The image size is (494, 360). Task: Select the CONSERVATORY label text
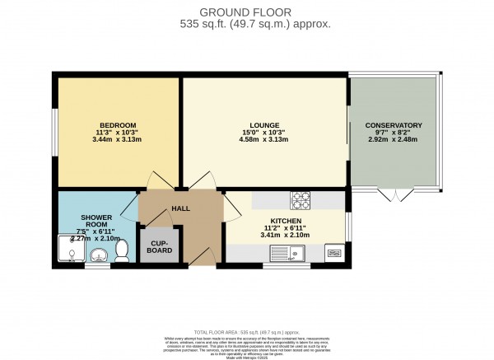pyautogui.click(x=394, y=125)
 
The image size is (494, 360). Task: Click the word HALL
pyautogui.click(x=180, y=208)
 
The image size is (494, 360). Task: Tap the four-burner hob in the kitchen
pyautogui.click(x=299, y=199)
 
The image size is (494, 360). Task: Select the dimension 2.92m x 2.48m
pyautogui.click(x=394, y=140)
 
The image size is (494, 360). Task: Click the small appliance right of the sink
pyautogui.click(x=334, y=253)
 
